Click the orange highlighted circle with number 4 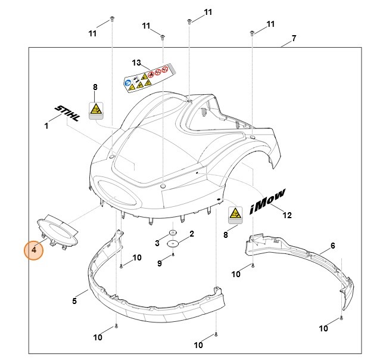coord(34,250)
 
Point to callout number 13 coord(136,63)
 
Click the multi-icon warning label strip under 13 coord(148,78)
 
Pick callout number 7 coord(294,39)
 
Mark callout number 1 coord(46,126)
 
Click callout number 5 coord(74,301)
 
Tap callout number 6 coord(332,246)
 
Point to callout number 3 coord(157,243)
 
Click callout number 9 coord(160,263)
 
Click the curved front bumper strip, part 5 coord(149,298)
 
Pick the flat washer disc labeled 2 coord(173,243)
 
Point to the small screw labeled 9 coord(173,255)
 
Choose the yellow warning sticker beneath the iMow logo coord(235,214)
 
